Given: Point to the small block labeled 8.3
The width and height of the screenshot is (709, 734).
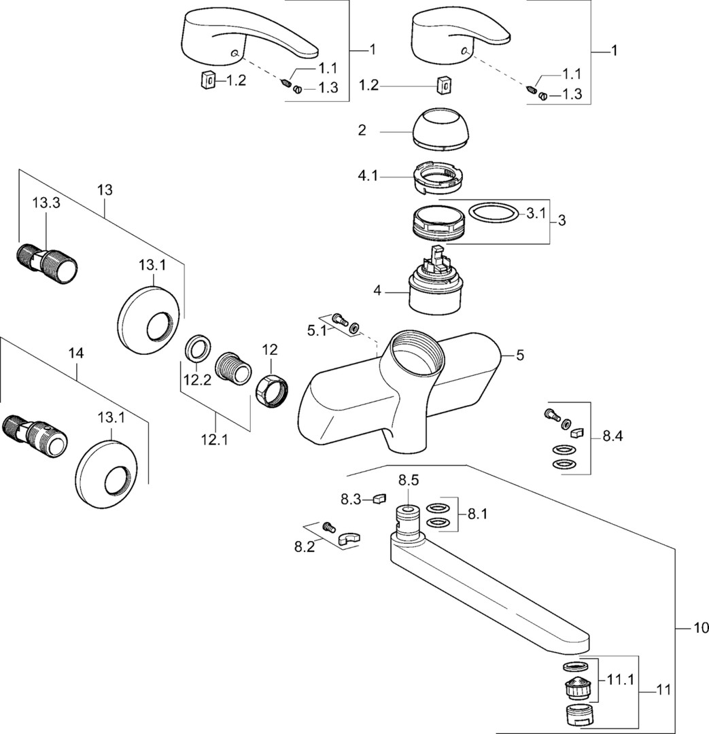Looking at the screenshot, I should click(x=379, y=500).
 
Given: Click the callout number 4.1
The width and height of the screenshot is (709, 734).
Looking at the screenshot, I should click(x=370, y=176).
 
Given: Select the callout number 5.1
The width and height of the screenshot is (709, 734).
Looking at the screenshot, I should click(x=317, y=331).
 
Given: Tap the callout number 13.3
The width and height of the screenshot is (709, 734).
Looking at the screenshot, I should click(x=46, y=203).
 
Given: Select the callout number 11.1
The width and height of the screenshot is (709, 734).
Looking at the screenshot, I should click(x=619, y=678).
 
